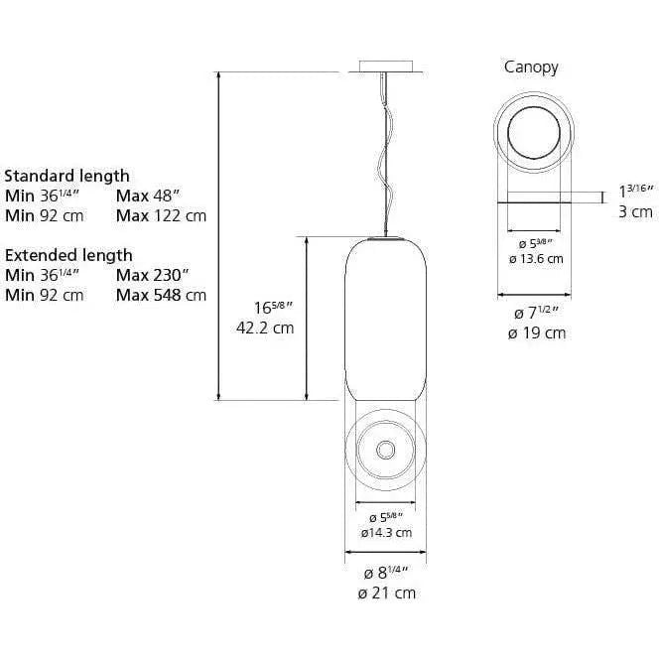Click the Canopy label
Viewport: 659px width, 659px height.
tap(531, 67)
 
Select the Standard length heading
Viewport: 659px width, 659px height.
tap(66, 176)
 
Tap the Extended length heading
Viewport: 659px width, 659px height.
tap(67, 255)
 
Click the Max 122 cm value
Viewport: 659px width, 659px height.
tap(161, 215)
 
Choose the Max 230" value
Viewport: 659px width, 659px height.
tap(153, 275)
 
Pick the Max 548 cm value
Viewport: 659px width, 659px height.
tap(161, 295)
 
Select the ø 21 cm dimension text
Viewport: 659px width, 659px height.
tap(385, 593)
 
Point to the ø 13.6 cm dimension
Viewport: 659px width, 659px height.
tap(536, 258)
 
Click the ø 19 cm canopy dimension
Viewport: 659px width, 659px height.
tap(536, 332)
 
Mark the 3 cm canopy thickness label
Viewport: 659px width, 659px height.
tap(635, 211)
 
